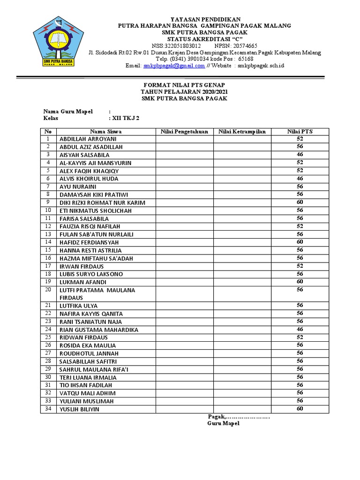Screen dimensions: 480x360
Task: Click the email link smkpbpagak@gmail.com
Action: pos(174,66)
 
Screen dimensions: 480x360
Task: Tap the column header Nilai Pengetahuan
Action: pos(184,132)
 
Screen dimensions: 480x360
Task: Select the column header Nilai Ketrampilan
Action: pos(242,132)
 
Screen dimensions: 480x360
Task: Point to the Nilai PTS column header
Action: pos(300,132)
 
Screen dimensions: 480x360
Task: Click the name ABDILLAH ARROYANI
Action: pos(88,139)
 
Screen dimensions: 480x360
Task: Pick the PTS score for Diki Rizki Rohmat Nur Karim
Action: pos(300,202)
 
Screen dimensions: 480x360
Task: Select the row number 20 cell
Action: pos(48,290)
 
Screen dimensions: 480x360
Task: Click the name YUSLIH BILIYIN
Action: pos(79,409)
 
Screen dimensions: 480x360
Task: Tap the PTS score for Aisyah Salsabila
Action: pos(300,154)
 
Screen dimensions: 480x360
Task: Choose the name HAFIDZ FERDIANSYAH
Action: pos(89,242)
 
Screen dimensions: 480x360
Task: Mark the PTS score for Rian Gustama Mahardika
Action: pos(300,330)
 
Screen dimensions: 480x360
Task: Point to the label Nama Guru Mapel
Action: pos(68,112)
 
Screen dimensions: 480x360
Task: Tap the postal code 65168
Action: pos(246,59)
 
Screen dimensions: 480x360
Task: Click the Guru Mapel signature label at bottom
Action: pos(224,423)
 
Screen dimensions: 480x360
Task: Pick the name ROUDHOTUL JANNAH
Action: pos(89,353)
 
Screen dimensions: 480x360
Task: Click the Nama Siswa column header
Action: pos(106,132)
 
